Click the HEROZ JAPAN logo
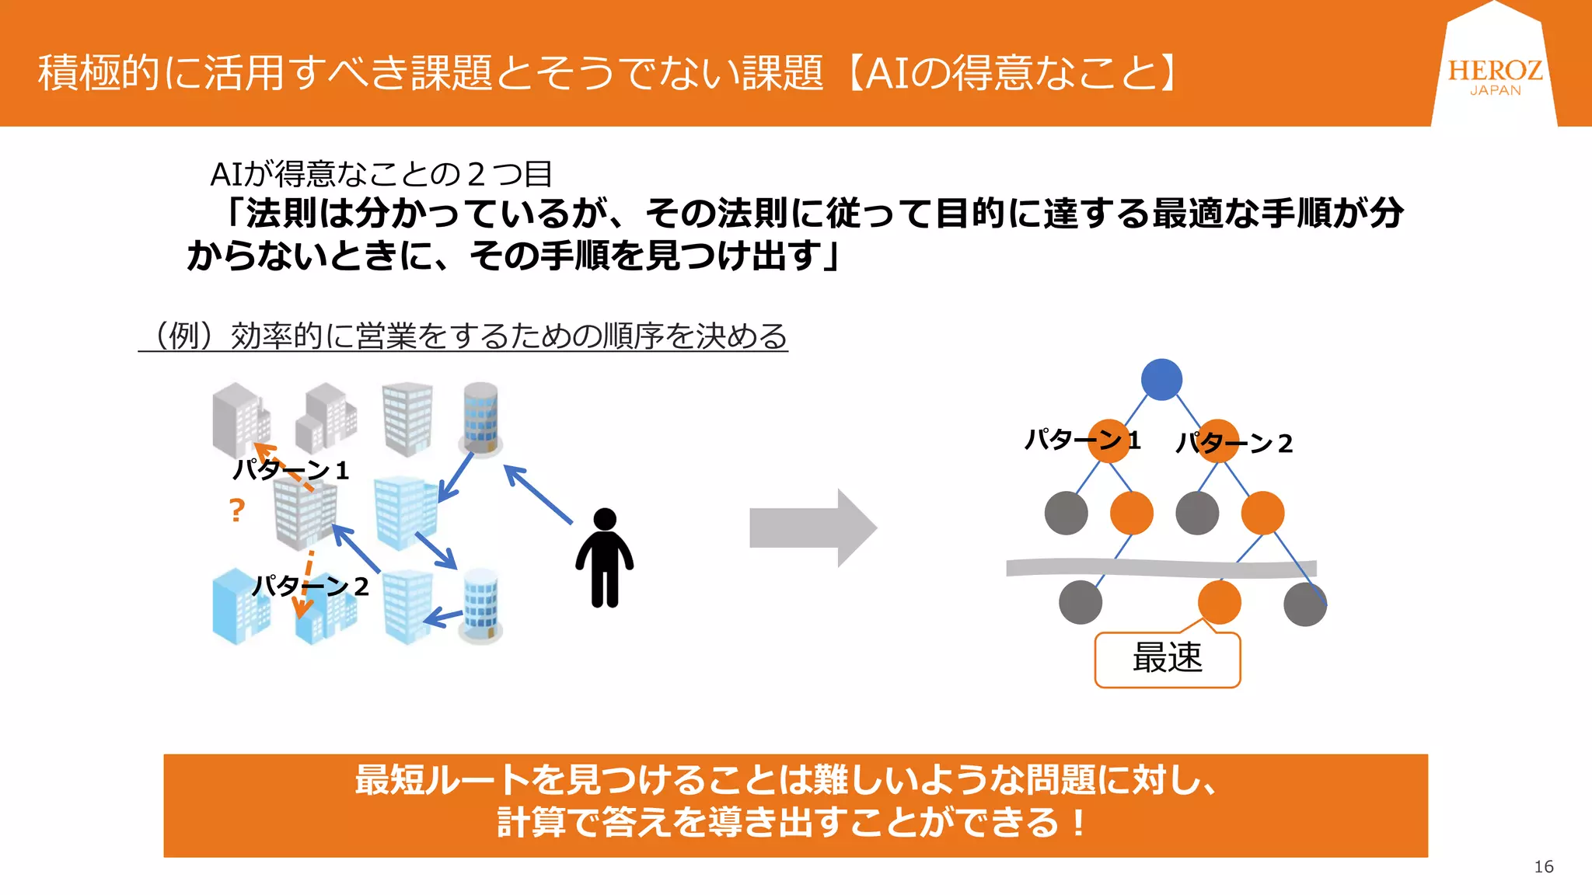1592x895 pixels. [x=1494, y=76]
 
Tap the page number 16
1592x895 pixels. [x=1543, y=866]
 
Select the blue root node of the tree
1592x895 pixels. [x=1161, y=379]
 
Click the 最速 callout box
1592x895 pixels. [x=1167, y=659]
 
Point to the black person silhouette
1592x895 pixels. [x=604, y=557]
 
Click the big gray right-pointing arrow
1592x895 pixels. [x=812, y=528]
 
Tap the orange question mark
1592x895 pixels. [x=237, y=510]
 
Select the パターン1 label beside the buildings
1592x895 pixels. [x=292, y=470]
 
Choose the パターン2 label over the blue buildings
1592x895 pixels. [x=311, y=586]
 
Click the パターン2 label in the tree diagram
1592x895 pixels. [x=1234, y=443]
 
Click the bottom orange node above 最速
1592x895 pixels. [x=1219, y=601]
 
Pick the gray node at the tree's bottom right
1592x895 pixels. [x=1304, y=604]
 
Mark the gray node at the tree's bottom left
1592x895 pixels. [x=1080, y=601]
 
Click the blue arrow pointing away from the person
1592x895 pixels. [x=538, y=494]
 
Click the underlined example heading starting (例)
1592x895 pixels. [x=463, y=336]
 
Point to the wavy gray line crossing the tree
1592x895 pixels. [x=1161, y=568]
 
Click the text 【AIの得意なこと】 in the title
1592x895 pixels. [x=1011, y=73]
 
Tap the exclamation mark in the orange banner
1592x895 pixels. [x=1077, y=822]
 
